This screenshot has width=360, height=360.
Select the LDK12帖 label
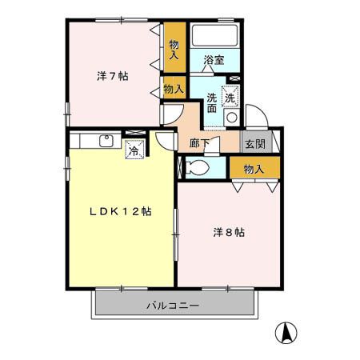(x=120, y=212)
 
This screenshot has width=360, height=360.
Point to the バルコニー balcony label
(x=173, y=306)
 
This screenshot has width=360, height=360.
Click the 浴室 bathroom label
(x=214, y=60)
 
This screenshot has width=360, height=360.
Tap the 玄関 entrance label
(x=255, y=144)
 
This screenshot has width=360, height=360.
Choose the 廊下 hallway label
(x=200, y=144)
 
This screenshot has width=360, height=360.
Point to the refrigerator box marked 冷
(x=134, y=149)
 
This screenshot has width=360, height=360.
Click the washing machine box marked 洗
(x=230, y=97)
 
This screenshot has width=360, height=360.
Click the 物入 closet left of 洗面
(x=174, y=88)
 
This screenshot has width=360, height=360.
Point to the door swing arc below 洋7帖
(x=169, y=116)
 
